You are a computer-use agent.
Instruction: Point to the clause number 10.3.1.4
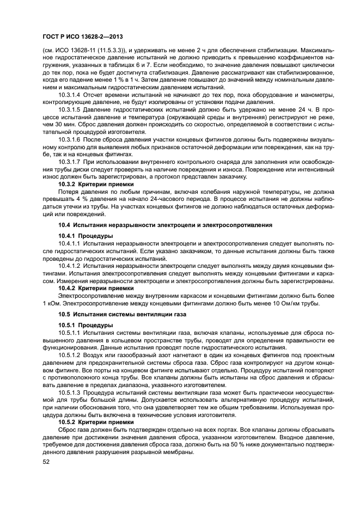click(71, 95)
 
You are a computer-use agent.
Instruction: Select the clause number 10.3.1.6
click(71, 139)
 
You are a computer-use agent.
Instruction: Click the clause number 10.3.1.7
click(71, 162)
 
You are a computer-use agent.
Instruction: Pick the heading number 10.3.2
click(67, 184)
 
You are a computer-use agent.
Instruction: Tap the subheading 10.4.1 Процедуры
click(86, 236)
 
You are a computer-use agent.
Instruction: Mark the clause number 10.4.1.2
click(71, 265)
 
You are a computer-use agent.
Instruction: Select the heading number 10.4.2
click(67, 287)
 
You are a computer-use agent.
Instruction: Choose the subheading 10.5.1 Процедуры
click(86, 325)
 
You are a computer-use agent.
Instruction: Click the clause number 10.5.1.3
click(71, 392)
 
